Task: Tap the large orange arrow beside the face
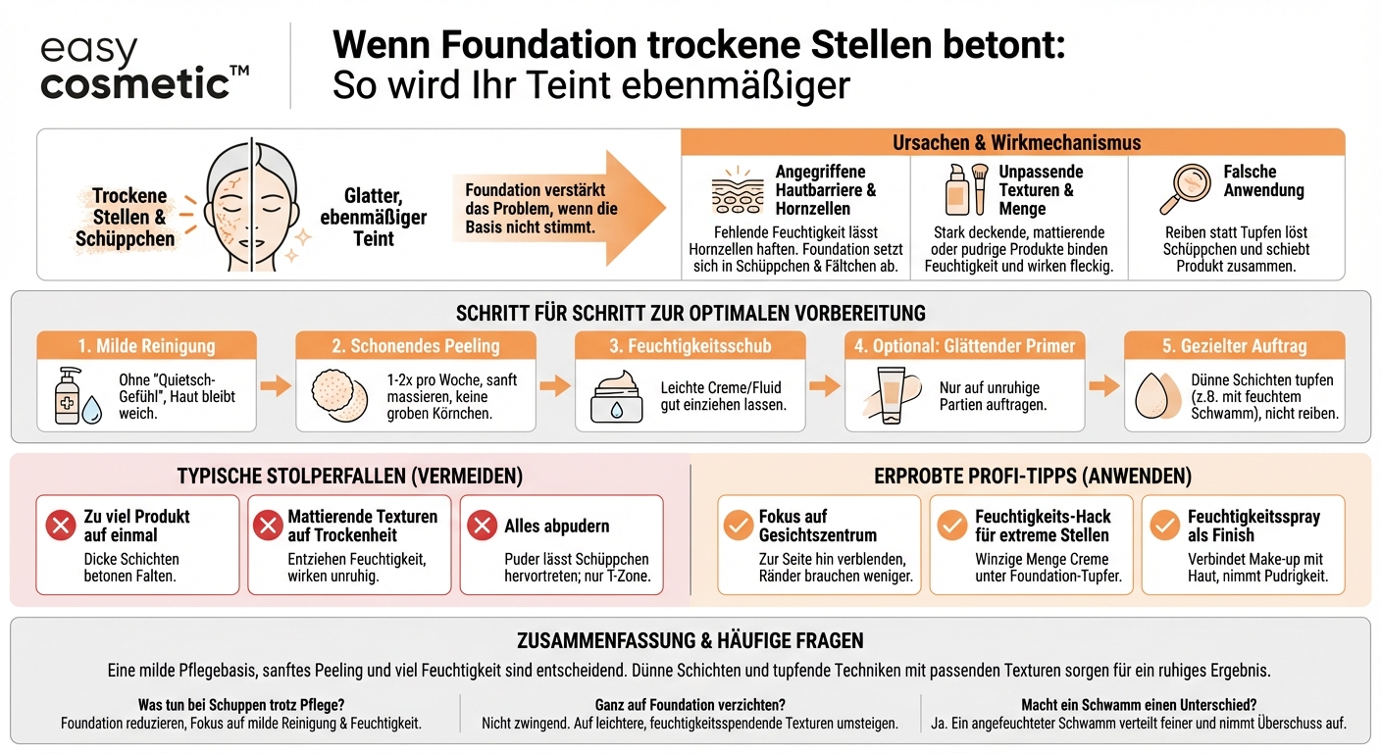[x=559, y=207]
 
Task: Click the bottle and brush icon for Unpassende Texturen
[x=965, y=188]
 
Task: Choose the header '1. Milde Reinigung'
[x=146, y=345]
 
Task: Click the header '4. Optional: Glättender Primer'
[x=965, y=345]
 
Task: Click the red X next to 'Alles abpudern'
[x=482, y=526]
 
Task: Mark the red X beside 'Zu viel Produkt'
[x=61, y=526]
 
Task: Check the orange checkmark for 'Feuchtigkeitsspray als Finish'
[x=1164, y=526]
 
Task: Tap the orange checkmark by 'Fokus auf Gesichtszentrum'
[x=738, y=526]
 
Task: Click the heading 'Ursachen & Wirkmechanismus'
[x=1015, y=142]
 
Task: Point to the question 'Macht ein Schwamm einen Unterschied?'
[x=1139, y=705]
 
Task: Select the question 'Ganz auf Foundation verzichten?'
[x=690, y=705]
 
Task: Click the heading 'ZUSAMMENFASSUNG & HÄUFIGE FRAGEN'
[x=690, y=641]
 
